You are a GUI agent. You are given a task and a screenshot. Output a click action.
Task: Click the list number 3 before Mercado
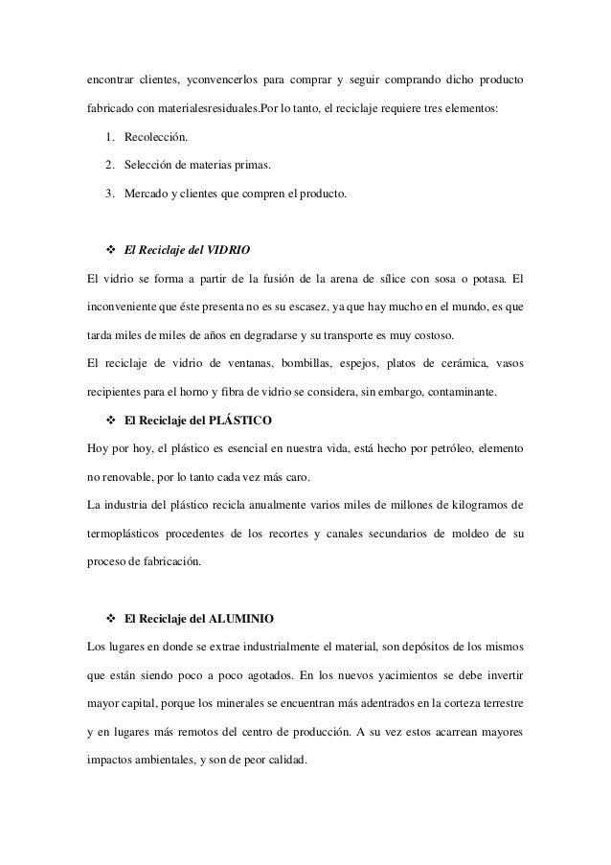[x=110, y=197]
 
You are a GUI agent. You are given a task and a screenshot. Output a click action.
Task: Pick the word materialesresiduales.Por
[x=210, y=108]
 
